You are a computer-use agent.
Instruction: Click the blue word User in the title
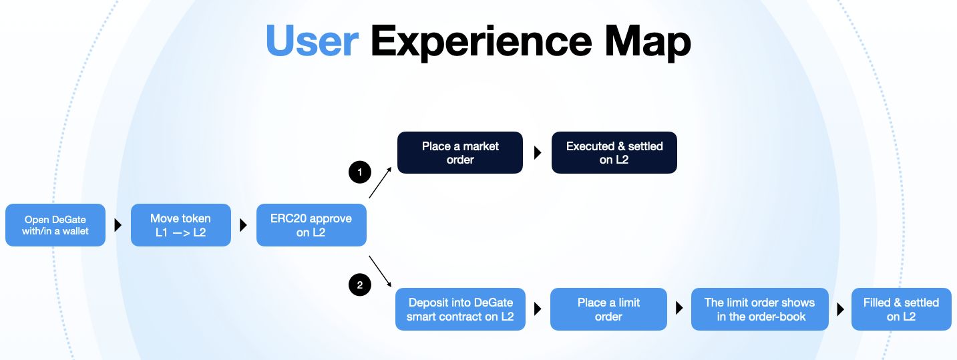coord(312,41)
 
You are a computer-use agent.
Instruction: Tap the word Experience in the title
coord(481,43)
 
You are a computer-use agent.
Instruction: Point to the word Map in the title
coord(648,43)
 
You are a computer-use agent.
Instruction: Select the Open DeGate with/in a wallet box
coord(55,225)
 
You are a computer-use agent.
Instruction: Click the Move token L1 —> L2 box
coord(181,225)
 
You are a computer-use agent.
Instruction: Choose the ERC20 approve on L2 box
coord(311,225)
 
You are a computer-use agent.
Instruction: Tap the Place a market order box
coord(460,152)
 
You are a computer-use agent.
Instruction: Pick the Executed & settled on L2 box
coord(614,152)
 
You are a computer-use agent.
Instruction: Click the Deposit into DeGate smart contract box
coord(460,309)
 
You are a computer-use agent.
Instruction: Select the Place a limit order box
coord(608,309)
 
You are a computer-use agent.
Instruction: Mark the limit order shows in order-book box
coord(759,309)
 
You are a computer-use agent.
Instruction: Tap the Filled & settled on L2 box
coord(902,309)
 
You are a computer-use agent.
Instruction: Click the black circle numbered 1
coord(360,172)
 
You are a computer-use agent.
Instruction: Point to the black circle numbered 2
coord(360,285)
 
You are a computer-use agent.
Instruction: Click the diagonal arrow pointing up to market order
coord(380,182)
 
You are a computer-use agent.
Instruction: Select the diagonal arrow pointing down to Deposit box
coord(380,272)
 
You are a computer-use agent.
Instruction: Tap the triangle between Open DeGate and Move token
coord(118,225)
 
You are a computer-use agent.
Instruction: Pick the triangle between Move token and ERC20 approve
coord(243,225)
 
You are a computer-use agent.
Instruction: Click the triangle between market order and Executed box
coord(538,152)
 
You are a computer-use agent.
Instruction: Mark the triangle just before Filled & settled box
coord(840,309)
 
